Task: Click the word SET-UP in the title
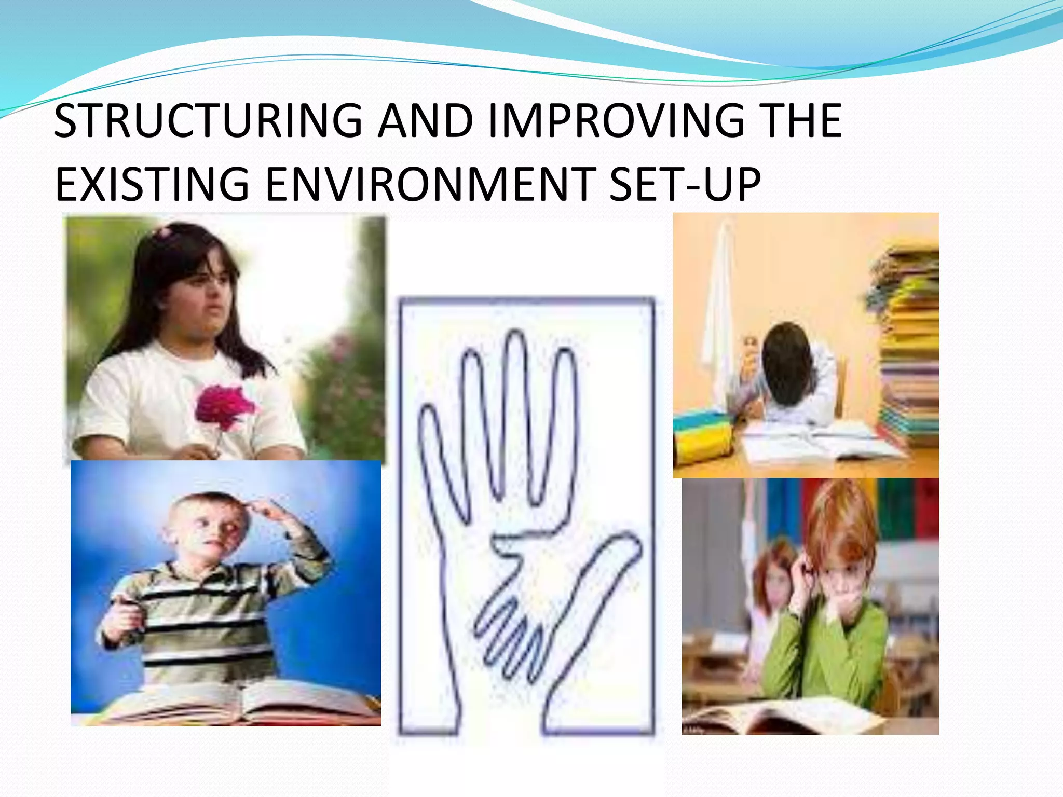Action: tap(684, 184)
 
